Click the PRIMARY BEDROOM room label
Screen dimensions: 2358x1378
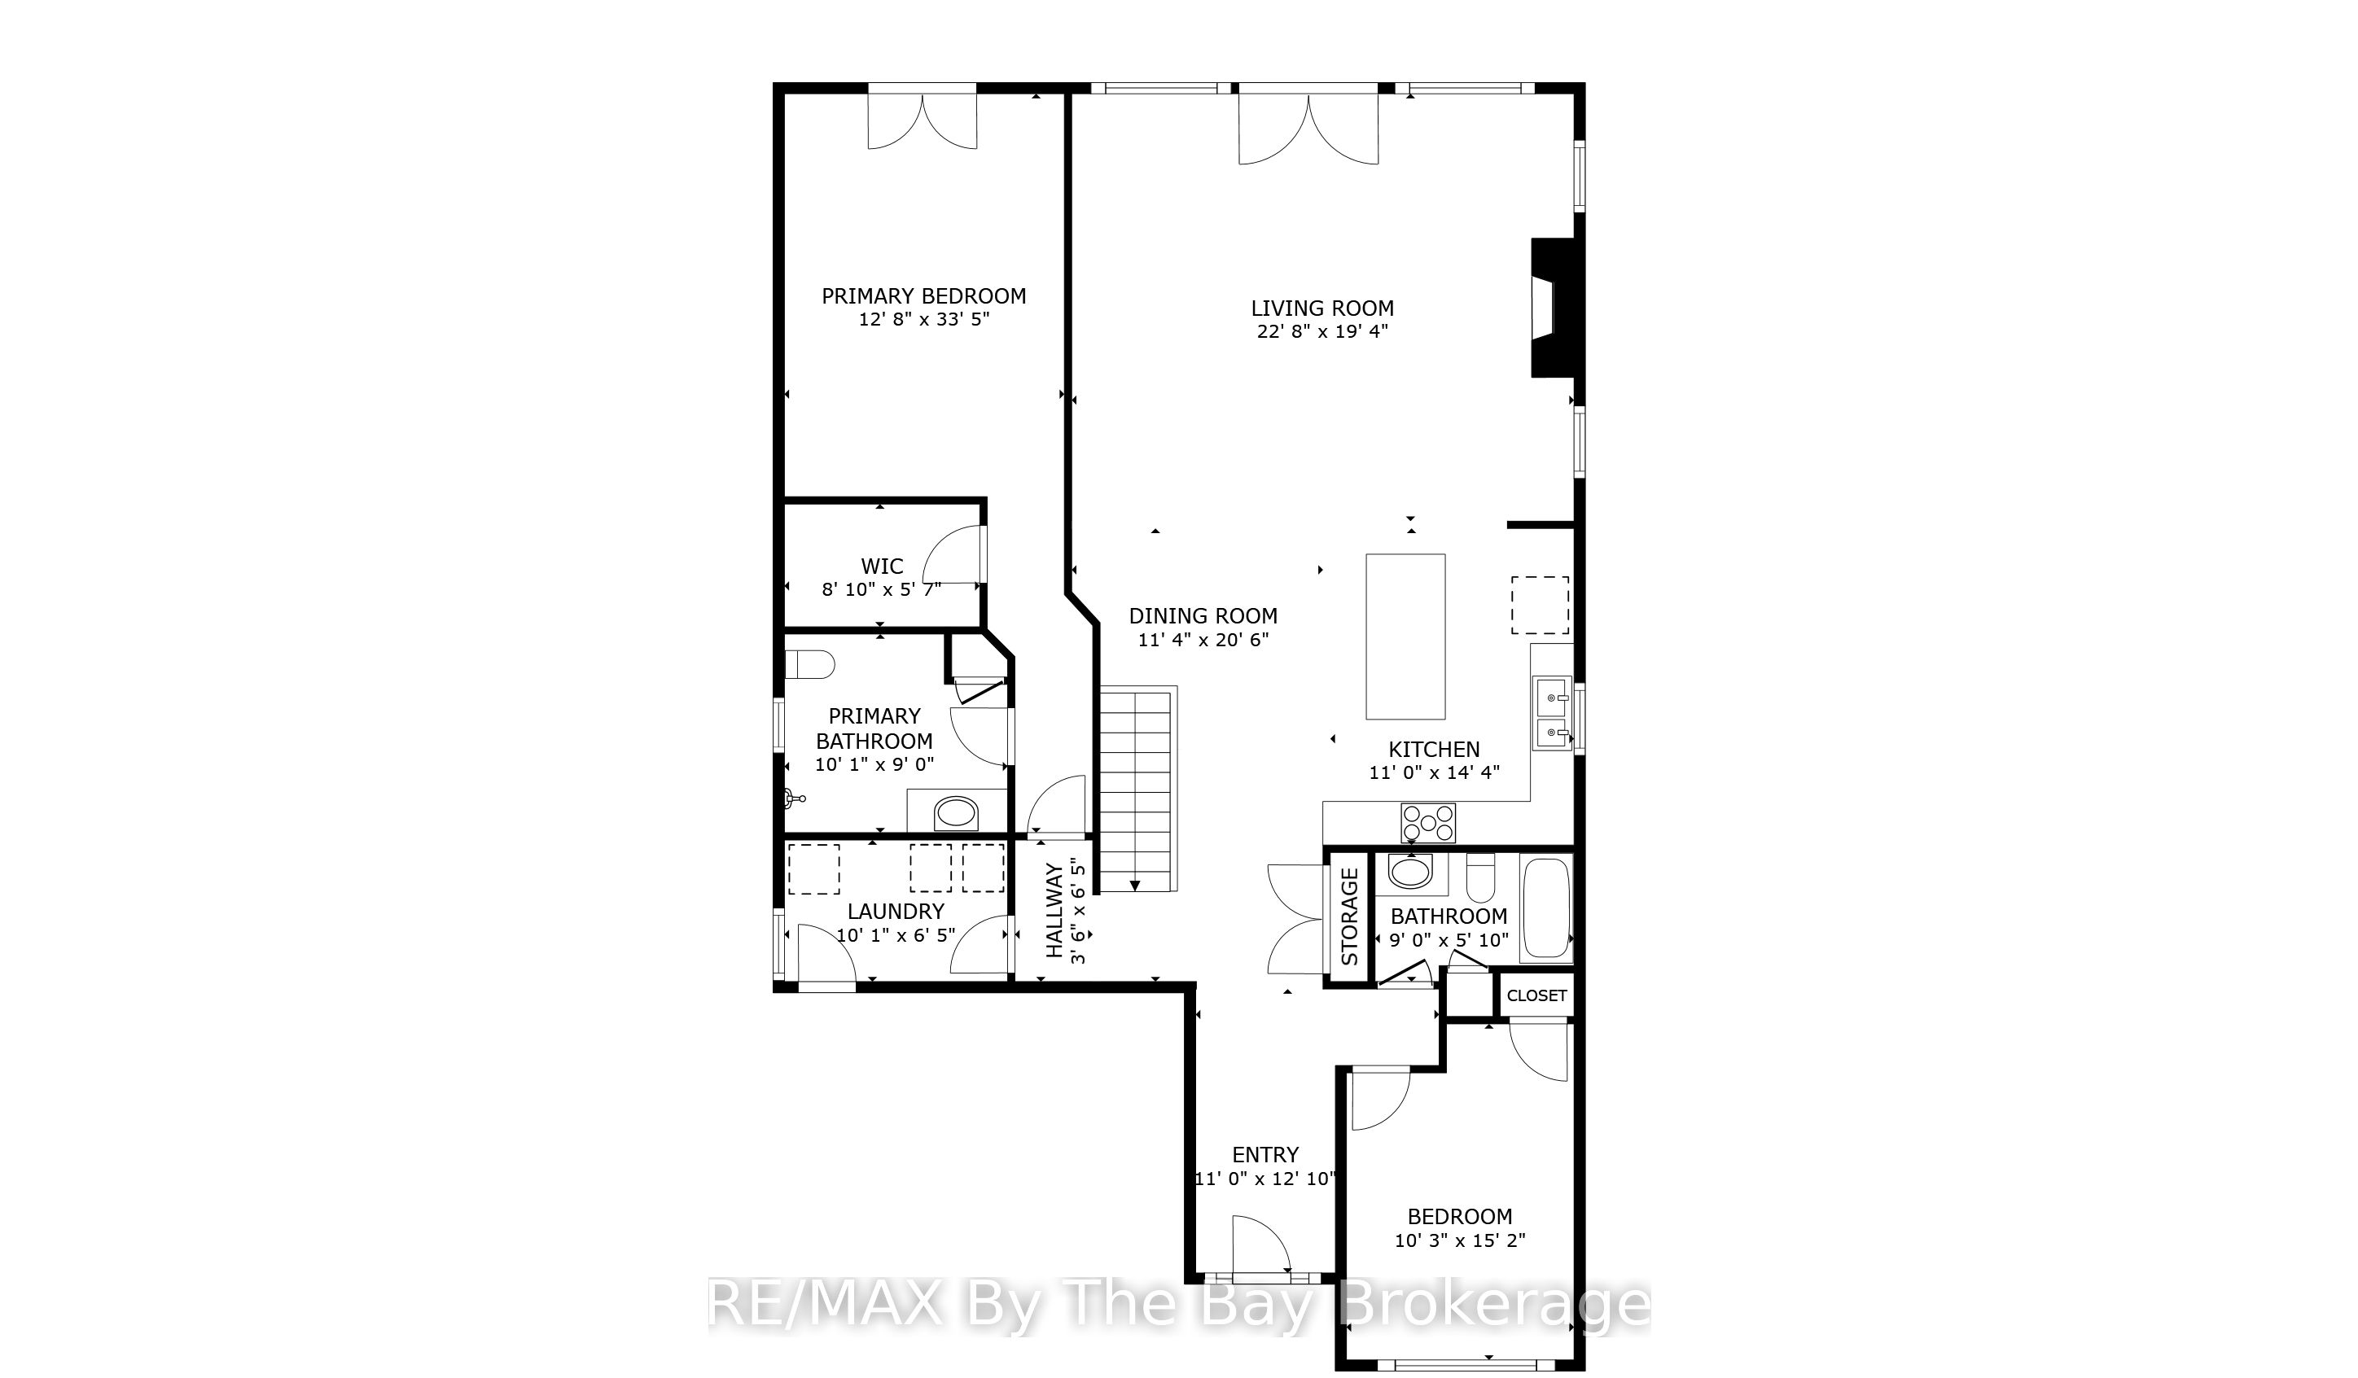[923, 296]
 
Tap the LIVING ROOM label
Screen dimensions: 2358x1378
[1322, 308]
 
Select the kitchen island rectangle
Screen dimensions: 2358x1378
[1405, 637]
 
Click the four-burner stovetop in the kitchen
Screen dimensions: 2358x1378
[1428, 823]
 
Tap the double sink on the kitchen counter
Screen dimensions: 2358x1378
[1553, 713]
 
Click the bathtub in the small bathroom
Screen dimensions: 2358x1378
[1547, 908]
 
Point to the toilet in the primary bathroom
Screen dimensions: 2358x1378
[809, 665]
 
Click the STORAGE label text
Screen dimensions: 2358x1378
[1349, 916]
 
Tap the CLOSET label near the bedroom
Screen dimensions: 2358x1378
[1536, 996]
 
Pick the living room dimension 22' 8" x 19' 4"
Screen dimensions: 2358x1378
[1322, 331]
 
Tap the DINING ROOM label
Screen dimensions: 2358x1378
[1203, 616]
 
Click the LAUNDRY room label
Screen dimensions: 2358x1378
[896, 911]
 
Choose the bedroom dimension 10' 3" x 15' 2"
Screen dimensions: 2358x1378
[1460, 1240]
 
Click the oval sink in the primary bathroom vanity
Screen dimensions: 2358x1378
[956, 812]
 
